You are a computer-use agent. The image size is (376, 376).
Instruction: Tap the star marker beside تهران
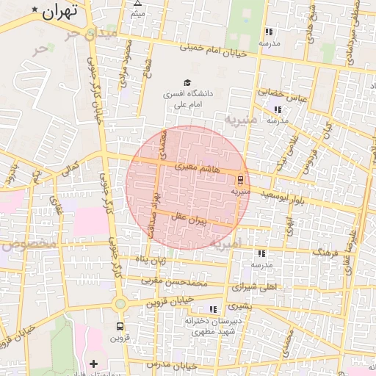point(35,10)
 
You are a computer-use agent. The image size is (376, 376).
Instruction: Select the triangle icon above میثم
point(137,4)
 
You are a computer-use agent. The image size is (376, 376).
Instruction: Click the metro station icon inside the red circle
point(239,179)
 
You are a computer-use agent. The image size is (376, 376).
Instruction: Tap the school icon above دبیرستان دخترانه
point(213,309)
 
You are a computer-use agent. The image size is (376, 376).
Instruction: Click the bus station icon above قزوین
point(119,326)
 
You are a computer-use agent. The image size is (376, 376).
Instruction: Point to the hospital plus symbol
point(93,364)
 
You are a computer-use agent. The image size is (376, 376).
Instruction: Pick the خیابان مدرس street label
point(171,365)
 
